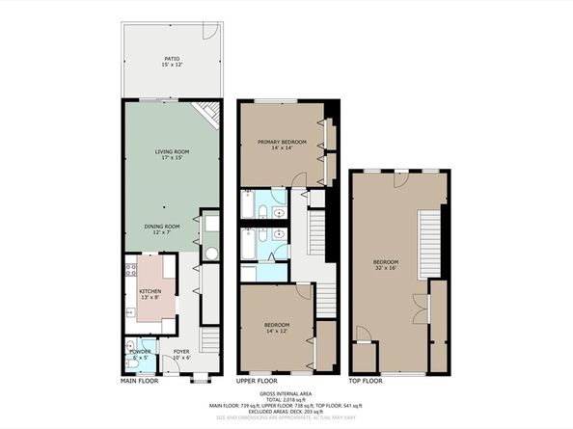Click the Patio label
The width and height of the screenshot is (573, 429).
(172, 60)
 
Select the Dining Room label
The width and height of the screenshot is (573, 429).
(162, 228)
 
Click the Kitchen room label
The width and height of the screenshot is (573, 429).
(150, 294)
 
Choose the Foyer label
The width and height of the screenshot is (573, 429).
(180, 354)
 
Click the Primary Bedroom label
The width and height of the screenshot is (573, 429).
(282, 145)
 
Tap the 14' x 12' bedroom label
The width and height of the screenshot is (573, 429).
(278, 328)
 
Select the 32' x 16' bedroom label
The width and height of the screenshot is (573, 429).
(387, 265)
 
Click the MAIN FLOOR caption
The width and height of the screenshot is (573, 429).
(139, 379)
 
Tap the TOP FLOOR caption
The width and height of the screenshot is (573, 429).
(366, 379)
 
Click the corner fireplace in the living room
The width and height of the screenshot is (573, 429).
(206, 114)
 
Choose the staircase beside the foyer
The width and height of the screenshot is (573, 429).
(210, 340)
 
